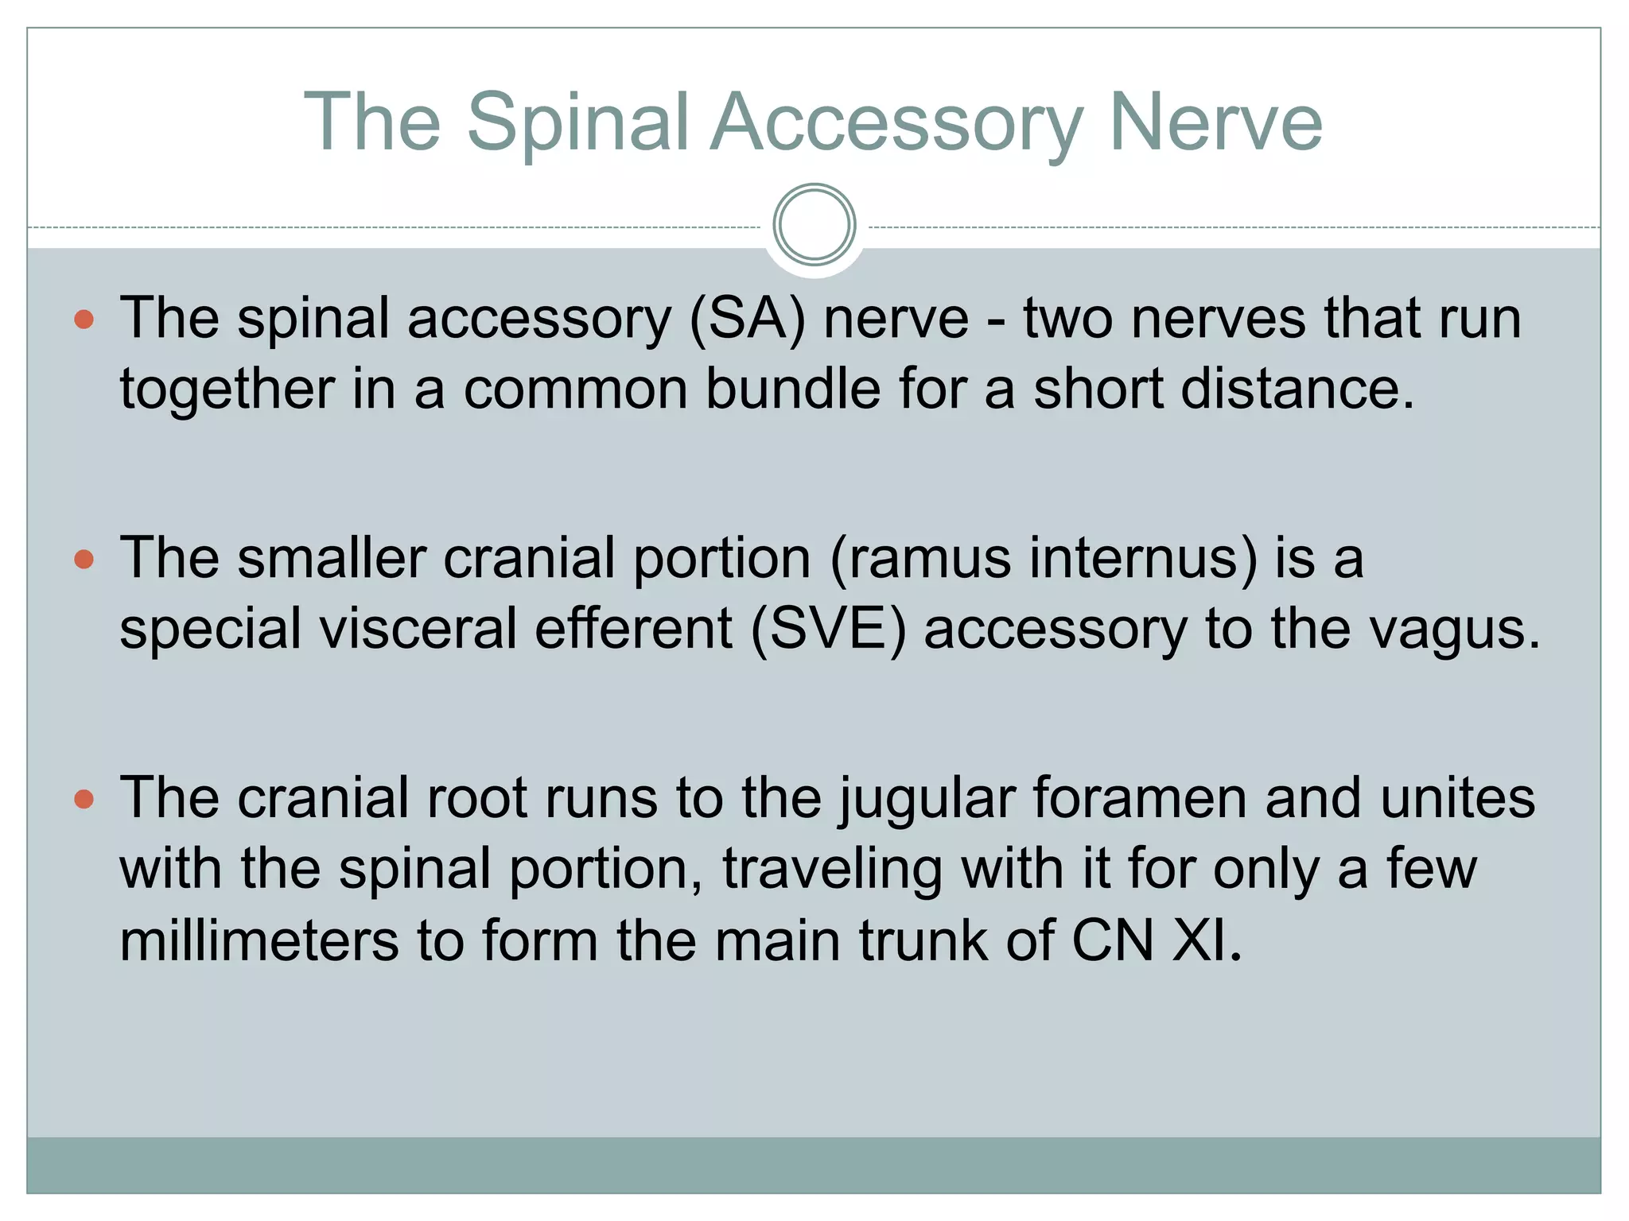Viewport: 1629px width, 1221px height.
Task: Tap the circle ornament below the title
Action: coord(814,225)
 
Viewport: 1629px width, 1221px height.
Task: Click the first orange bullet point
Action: coord(84,320)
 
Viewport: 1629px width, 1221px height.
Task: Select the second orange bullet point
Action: coord(84,560)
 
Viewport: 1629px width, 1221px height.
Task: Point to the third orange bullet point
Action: coord(84,799)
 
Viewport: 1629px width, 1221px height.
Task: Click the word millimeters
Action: coord(259,940)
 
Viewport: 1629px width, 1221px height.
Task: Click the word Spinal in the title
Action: coord(577,123)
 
